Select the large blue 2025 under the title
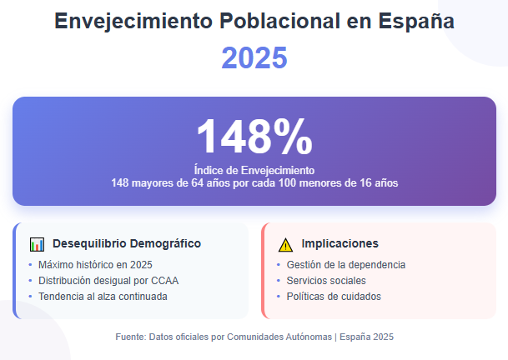[254, 58]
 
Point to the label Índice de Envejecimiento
[254, 170]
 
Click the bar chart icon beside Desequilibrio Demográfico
[37, 244]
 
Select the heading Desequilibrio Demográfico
[127, 244]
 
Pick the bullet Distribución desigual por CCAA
[108, 281]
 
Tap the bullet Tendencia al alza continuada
[103, 297]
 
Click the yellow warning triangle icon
[285, 244]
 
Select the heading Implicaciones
[340, 244]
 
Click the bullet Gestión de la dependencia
[346, 265]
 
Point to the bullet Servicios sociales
[326, 281]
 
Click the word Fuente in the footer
[129, 337]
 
